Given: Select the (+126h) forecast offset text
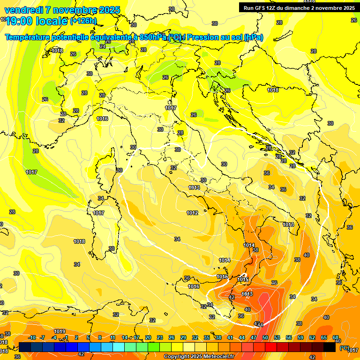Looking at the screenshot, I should tap(83, 21).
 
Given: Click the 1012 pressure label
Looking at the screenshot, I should tap(192, 213).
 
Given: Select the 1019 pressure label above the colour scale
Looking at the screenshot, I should tap(60, 331).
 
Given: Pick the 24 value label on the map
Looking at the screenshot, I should tap(103, 46).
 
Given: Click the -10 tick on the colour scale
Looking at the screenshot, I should tap(32, 337).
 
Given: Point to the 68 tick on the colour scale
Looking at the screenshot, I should tap(336, 337).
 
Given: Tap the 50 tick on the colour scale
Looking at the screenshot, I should tap(265, 337).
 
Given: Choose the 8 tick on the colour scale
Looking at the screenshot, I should tap(100, 337).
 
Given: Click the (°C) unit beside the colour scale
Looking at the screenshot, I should tap(345, 347).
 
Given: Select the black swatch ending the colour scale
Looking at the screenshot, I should tap(330, 347).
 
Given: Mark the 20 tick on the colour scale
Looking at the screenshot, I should tap(148, 337).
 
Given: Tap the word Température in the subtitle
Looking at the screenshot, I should tap(28, 37).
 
